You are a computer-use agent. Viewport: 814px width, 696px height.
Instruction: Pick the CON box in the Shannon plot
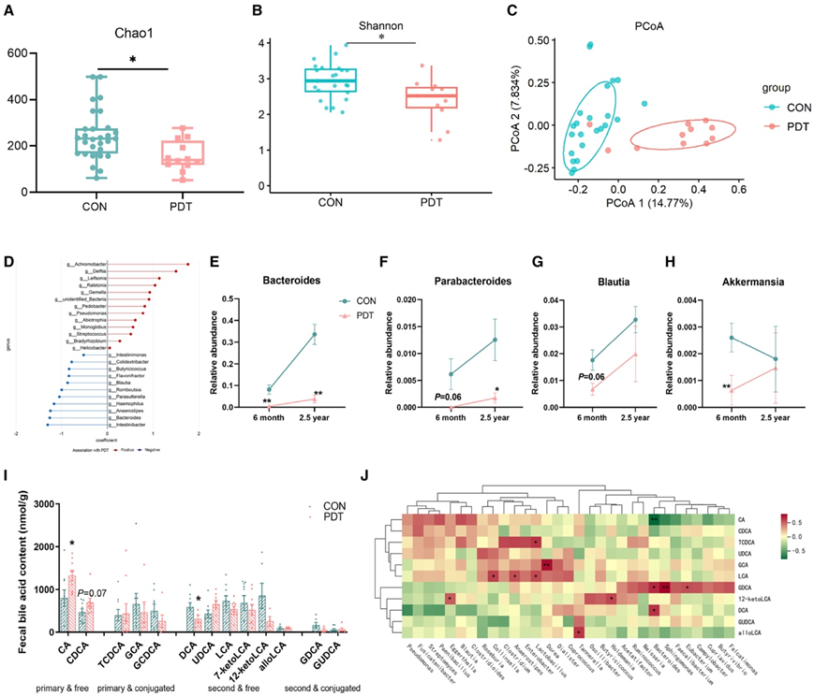(x=328, y=80)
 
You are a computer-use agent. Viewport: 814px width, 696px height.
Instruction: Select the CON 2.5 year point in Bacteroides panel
(x=314, y=334)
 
